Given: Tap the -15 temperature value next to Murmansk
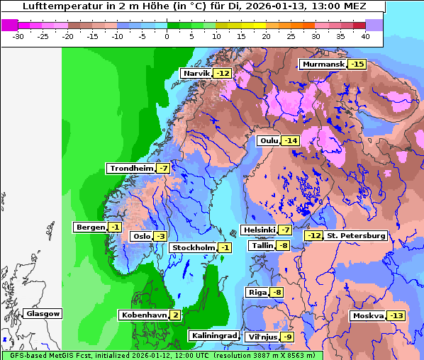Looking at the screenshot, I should tap(357, 64).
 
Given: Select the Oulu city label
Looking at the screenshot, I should tap(269, 140).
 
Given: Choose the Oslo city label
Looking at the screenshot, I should tap(142, 237).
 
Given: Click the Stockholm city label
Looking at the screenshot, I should tap(193, 247).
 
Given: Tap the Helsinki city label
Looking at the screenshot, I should tap(259, 230).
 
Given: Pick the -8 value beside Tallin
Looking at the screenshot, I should tap(283, 246).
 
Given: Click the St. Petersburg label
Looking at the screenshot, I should tap(356, 235).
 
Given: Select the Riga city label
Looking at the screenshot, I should tap(257, 293).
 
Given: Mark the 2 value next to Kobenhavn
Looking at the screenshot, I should tap(175, 315).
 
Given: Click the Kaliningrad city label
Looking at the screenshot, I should tap(213, 335).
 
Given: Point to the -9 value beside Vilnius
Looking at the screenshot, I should tap(287, 337).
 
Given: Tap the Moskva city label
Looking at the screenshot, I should tap(368, 315).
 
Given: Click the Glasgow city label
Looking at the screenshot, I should tap(43, 314).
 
